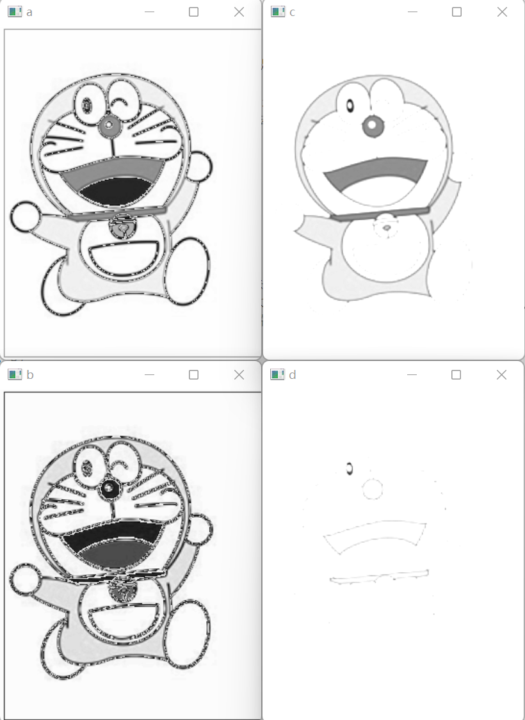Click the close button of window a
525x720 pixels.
coord(239,12)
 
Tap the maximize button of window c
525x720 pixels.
coord(456,12)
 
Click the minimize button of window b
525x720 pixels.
coord(149,374)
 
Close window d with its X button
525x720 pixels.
coord(501,374)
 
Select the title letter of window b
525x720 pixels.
coord(30,374)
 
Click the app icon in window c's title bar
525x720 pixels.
coord(278,12)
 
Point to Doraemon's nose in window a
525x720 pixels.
coord(108,124)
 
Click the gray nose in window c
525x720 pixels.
coord(373,125)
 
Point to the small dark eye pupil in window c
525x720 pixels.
coord(350,106)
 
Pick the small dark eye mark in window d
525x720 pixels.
coord(349,469)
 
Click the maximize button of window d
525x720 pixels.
coord(456,374)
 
